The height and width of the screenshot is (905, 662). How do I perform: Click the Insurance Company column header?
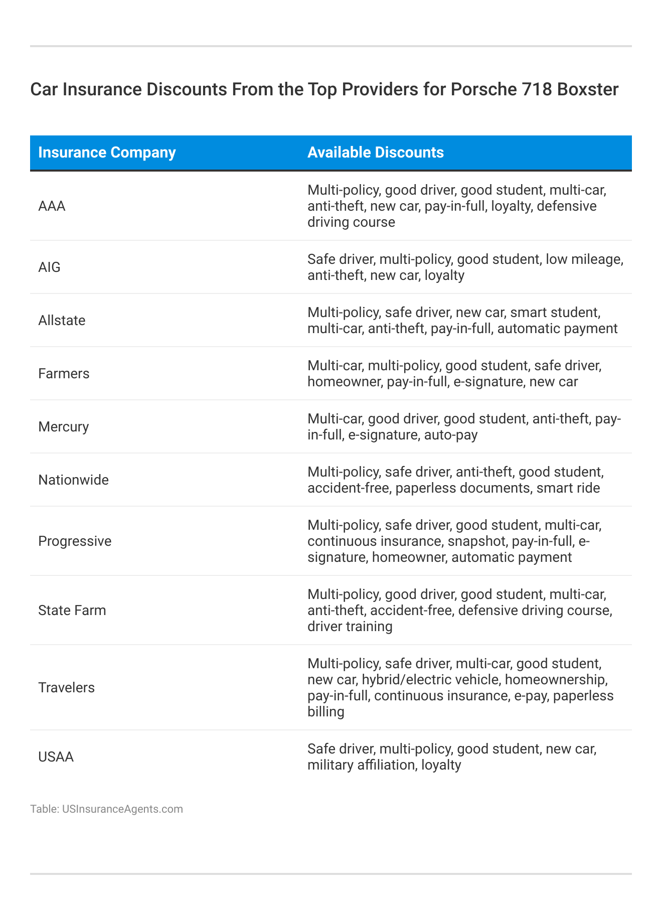pyautogui.click(x=107, y=153)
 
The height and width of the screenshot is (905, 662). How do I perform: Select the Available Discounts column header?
pyautogui.click(x=375, y=153)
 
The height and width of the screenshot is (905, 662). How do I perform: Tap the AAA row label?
pyautogui.click(x=52, y=206)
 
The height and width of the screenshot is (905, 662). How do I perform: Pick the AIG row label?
pyautogui.click(x=49, y=267)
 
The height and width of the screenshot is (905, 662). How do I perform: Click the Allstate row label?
pyautogui.click(x=62, y=321)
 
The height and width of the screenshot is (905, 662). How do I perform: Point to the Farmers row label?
pyautogui.click(x=64, y=374)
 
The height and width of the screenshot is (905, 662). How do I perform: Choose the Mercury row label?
pyautogui.click(x=63, y=427)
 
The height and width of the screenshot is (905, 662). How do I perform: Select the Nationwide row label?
pyautogui.click(x=73, y=480)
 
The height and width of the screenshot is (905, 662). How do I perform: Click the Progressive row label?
pyautogui.click(x=75, y=541)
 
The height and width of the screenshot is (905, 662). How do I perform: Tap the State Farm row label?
pyautogui.click(x=72, y=611)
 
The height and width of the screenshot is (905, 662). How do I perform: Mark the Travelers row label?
pyautogui.click(x=66, y=688)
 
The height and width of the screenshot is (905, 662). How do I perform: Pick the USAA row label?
pyautogui.click(x=56, y=757)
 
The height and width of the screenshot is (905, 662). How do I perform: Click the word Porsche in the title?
pyautogui.click(x=477, y=89)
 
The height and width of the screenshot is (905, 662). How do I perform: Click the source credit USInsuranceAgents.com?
pyautogui.click(x=122, y=809)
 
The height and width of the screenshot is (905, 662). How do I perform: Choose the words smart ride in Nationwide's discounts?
pyautogui.click(x=568, y=488)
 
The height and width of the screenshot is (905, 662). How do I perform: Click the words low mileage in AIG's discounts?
pyautogui.click(x=584, y=259)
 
